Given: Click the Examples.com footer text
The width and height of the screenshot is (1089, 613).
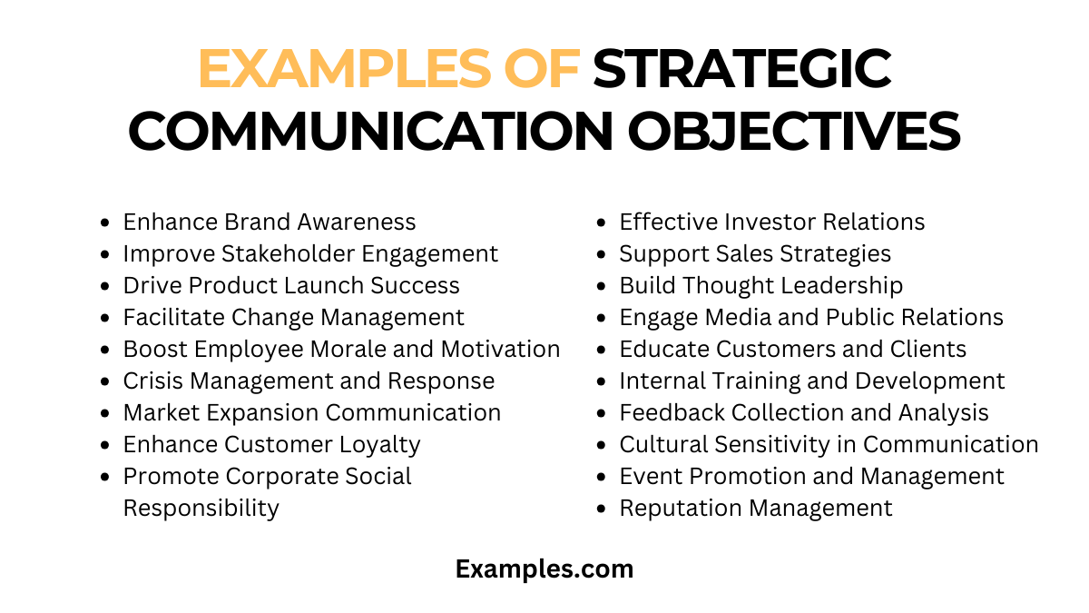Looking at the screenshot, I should click(544, 569).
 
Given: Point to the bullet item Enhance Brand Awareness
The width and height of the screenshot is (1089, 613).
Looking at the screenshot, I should click(270, 222).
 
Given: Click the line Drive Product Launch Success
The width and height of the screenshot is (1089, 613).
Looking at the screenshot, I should click(291, 285).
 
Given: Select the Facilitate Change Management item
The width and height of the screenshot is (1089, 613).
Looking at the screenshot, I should click(293, 317).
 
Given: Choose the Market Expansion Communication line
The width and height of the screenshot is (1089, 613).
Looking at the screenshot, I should click(311, 412).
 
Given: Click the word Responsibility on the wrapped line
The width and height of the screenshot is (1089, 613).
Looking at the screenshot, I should click(201, 508).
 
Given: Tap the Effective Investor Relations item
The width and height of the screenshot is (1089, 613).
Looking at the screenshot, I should click(771, 222).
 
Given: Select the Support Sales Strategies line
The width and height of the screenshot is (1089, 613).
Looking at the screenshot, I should click(755, 253).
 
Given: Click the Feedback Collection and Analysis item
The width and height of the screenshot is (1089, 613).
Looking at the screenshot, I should click(803, 412).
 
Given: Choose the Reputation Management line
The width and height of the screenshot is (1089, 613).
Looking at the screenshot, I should click(755, 508).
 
